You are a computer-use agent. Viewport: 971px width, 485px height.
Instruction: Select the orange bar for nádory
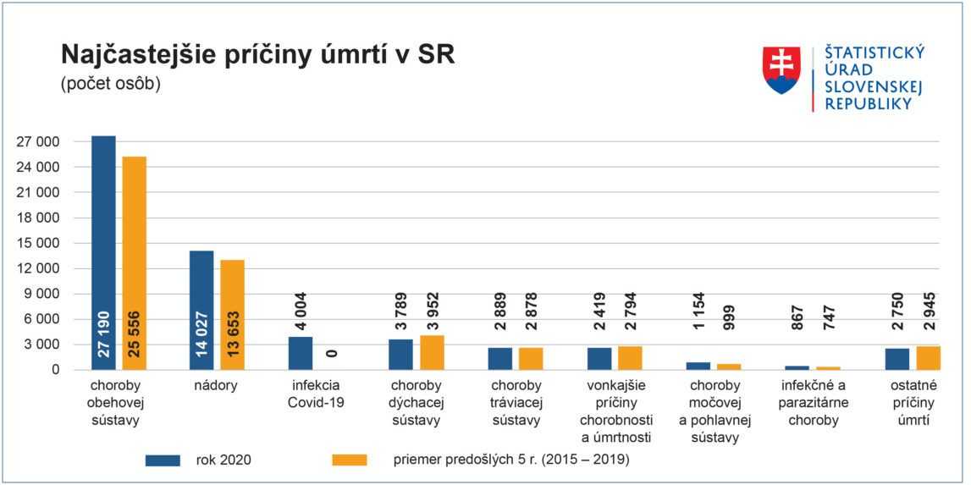pyautogui.click(x=232, y=314)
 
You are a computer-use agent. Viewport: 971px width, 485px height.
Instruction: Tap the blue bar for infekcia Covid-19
pyautogui.click(x=301, y=353)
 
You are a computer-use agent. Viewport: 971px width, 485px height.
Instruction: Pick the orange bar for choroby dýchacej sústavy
pyautogui.click(x=431, y=352)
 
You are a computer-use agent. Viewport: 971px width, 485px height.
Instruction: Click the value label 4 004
pyautogui.click(x=301, y=311)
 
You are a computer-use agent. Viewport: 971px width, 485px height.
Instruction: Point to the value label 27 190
pyautogui.click(x=104, y=326)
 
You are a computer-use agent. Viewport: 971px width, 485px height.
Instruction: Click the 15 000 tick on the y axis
pyautogui.click(x=37, y=244)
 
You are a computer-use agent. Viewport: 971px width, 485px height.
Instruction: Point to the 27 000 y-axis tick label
pyautogui.click(x=37, y=142)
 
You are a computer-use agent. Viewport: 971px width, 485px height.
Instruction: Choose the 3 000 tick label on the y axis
pyautogui.click(x=41, y=345)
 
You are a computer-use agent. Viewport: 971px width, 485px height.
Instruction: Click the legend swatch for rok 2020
pyautogui.click(x=163, y=460)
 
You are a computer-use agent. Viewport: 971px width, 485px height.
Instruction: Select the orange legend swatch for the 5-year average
pyautogui.click(x=350, y=460)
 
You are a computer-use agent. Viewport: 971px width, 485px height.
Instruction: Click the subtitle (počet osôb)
pyautogui.click(x=110, y=84)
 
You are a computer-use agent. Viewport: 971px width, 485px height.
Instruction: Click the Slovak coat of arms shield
pyautogui.click(x=782, y=70)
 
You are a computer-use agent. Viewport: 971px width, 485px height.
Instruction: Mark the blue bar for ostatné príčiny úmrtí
pyautogui.click(x=897, y=359)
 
